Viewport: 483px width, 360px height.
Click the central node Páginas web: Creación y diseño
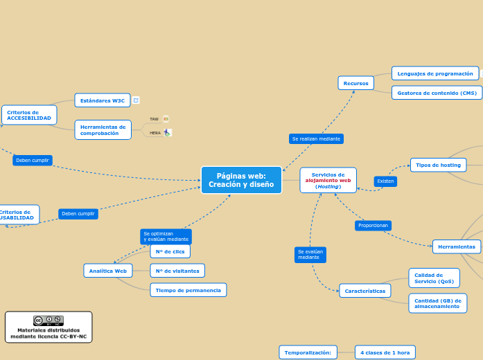[x=241, y=180]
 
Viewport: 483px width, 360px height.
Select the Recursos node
[x=356, y=83]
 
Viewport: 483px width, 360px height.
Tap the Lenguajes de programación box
[x=435, y=73]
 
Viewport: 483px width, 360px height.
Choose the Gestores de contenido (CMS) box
[x=437, y=93]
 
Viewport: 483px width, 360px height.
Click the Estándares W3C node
[x=103, y=100]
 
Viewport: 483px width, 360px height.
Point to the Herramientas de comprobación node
[x=103, y=129]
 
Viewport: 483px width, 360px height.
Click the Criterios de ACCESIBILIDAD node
[x=29, y=115]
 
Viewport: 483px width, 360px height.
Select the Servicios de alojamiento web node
[x=328, y=181]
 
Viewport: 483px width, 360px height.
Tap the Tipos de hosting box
[x=438, y=165]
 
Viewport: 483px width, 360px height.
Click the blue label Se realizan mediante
[x=316, y=138]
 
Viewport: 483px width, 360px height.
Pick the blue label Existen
[x=385, y=181]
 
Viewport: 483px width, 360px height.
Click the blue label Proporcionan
[x=374, y=226]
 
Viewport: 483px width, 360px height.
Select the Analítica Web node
[x=107, y=271]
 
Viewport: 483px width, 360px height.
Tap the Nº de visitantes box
[x=177, y=271]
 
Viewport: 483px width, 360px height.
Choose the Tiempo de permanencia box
[x=188, y=290]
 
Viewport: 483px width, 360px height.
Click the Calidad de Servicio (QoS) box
[x=433, y=278]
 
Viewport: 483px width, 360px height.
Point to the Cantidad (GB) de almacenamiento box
[x=437, y=303]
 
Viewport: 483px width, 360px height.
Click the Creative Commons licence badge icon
[x=49, y=321]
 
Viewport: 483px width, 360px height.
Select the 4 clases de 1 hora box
[x=385, y=352]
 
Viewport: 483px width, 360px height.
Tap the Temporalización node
[x=308, y=352]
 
